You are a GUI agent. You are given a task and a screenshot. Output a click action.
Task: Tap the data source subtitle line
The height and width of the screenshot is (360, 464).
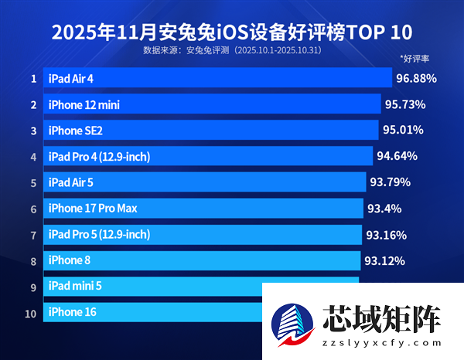[x=231, y=50]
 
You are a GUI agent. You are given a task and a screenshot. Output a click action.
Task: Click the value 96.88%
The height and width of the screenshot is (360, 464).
[x=416, y=78]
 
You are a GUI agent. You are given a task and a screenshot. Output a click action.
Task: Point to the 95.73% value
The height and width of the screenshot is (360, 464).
[x=405, y=104]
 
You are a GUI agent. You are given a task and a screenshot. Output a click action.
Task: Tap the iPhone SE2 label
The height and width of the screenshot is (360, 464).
[x=75, y=131]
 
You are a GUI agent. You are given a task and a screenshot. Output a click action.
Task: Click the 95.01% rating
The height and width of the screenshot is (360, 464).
[x=403, y=131]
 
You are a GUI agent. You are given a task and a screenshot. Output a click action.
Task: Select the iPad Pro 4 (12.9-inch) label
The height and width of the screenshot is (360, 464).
[x=99, y=157]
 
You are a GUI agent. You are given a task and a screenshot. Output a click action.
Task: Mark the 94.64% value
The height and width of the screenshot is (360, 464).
[x=397, y=156]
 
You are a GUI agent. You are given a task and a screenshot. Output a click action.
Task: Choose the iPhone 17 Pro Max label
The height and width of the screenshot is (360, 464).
[x=93, y=209]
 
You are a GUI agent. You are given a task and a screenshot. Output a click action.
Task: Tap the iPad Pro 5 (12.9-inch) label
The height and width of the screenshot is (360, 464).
[x=99, y=234]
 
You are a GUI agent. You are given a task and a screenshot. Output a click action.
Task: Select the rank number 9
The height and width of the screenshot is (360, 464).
[x=33, y=287]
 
